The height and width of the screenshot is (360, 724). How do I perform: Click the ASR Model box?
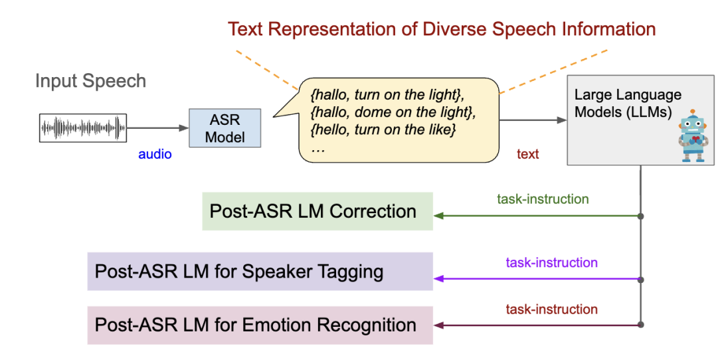[225, 128]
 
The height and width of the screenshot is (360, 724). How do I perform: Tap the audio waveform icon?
[82, 128]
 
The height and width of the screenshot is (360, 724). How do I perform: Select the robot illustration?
[693, 135]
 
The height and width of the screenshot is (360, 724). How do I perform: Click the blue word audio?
[155, 154]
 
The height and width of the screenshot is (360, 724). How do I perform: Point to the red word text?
[527, 154]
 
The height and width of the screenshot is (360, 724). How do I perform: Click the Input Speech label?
[90, 82]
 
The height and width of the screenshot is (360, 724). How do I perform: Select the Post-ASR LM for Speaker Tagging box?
[260, 271]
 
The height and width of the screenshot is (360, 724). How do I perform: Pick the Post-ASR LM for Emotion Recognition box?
[260, 325]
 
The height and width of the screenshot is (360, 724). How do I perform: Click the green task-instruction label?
[543, 199]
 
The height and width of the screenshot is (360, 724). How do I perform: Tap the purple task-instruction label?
[551, 262]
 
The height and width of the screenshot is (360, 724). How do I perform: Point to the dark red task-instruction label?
[551, 309]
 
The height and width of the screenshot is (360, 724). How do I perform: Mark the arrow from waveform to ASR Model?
[158, 128]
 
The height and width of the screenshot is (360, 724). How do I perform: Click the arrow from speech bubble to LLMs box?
[531, 120]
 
